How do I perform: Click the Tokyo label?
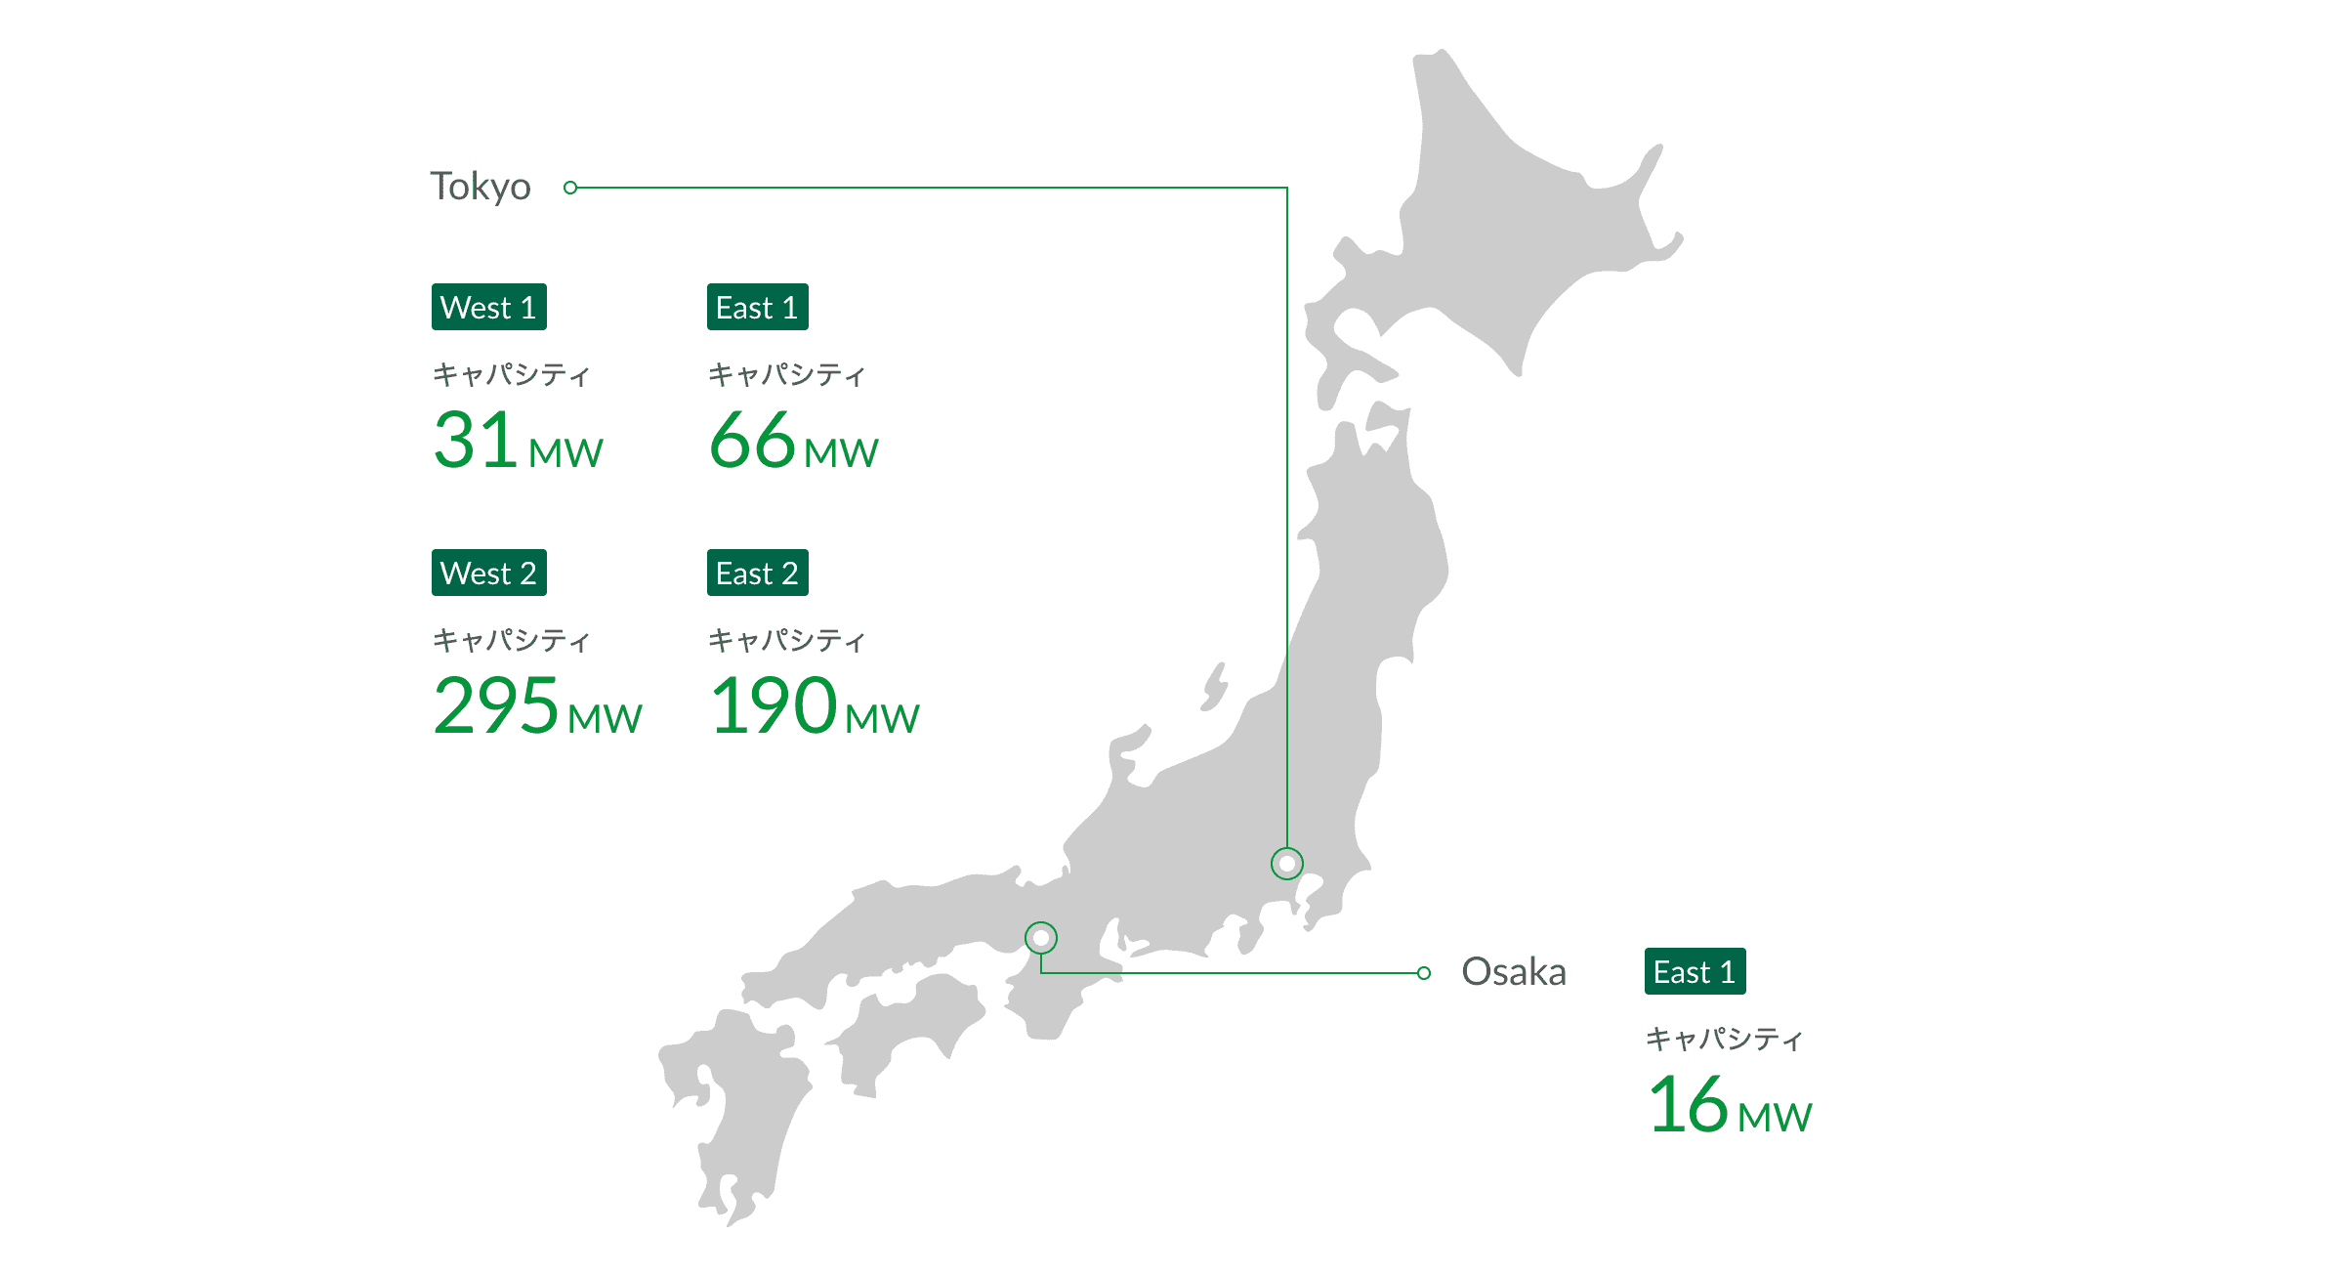[x=481, y=187]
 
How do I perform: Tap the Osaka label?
[x=1513, y=972]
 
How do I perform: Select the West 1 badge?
[x=488, y=308]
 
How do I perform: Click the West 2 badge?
[x=488, y=574]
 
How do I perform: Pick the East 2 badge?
[x=757, y=574]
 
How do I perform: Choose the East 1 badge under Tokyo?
[x=757, y=308]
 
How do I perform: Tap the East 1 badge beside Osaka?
[x=1695, y=972]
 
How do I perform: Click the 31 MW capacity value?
[x=518, y=441]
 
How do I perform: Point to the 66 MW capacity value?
[x=793, y=441]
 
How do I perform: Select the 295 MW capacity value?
[x=537, y=705]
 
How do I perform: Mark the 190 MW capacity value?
[x=814, y=705]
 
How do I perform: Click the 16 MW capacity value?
[x=1729, y=1105]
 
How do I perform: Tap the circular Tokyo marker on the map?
[x=1287, y=864]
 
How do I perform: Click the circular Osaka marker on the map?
[x=1041, y=938]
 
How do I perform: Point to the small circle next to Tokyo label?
[x=570, y=188]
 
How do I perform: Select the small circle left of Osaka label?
[x=1424, y=973]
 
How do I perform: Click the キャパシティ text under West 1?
[x=511, y=374]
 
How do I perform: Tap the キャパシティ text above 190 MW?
[x=786, y=640]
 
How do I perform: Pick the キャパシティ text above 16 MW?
[x=1724, y=1039]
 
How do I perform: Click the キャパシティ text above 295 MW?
[x=511, y=640]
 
